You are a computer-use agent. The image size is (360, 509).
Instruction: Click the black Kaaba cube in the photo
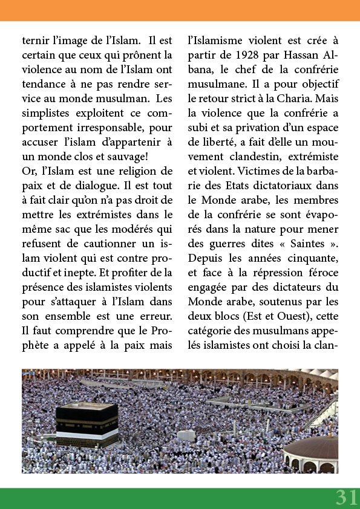point(87,423)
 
